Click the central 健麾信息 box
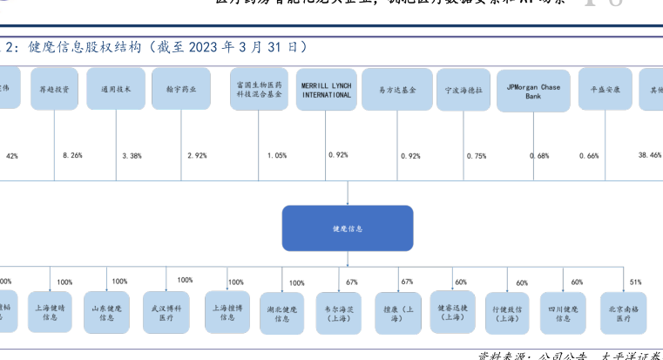coord(347,228)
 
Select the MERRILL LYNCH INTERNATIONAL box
coord(326,90)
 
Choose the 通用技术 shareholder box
coord(116,89)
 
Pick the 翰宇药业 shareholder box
coord(180,89)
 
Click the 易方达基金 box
coord(397,89)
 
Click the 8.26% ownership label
coord(72,155)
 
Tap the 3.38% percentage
coord(132,155)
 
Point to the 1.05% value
coord(276,155)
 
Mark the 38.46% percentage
coord(649,154)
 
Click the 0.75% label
coord(477,155)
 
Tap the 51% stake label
coord(635,282)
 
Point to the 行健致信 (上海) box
coord(507,314)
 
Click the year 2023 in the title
coord(211,46)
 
